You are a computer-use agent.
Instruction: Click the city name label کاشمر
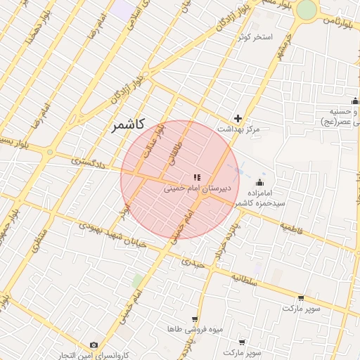coord(127,125)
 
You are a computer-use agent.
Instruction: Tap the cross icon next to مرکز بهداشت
coord(238,118)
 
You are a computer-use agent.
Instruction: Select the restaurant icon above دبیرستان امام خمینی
coord(197,177)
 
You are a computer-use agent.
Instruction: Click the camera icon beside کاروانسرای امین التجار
coord(94,345)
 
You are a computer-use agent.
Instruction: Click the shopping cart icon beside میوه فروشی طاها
coord(195,319)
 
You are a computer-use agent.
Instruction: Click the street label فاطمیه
coord(296,229)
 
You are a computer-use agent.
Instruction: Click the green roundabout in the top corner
coord(307,10)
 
